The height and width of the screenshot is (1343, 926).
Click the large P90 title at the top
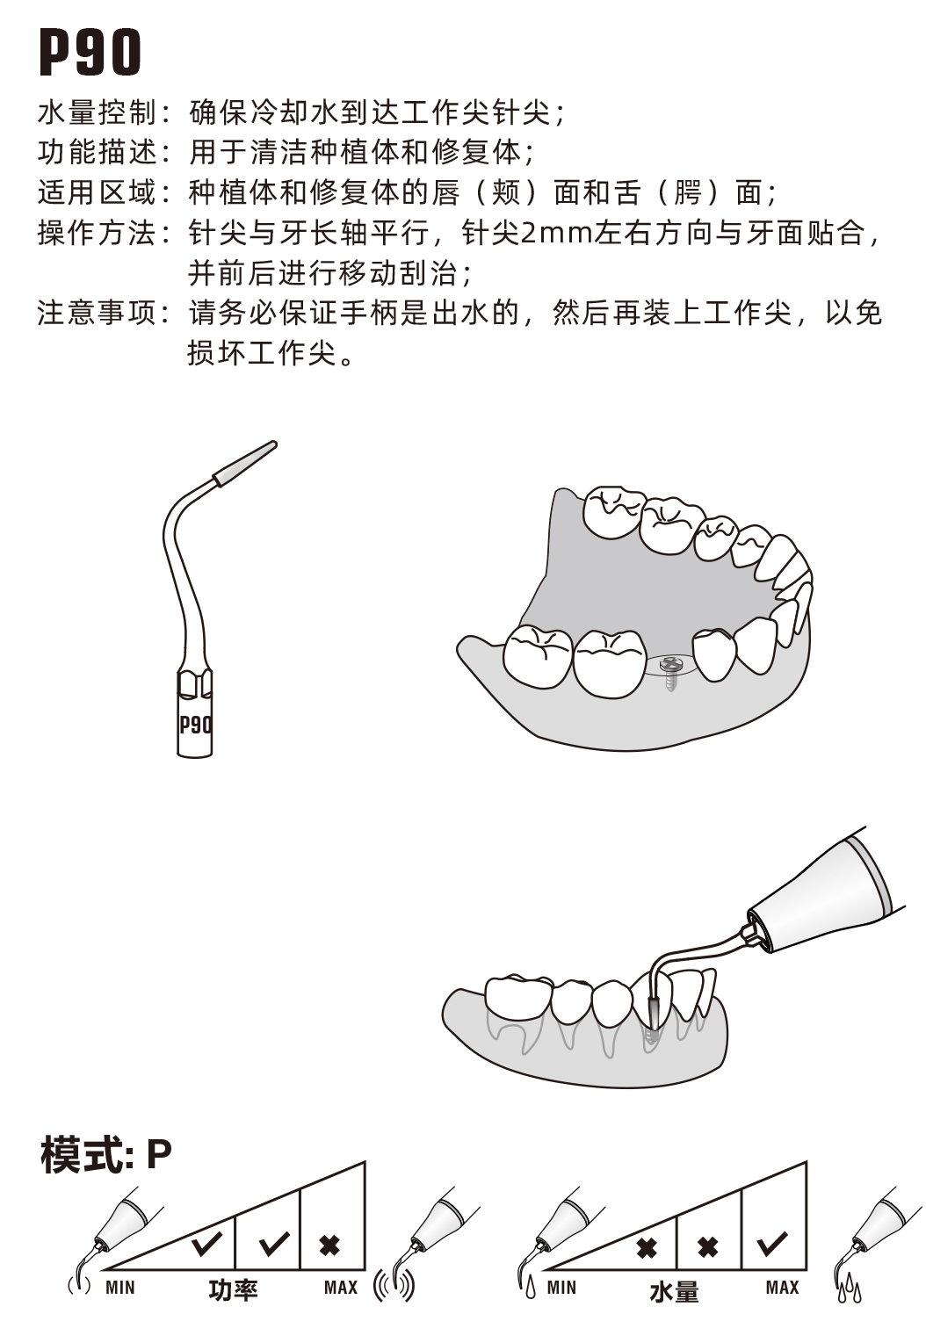(x=90, y=52)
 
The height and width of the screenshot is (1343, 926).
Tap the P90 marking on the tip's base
(x=195, y=725)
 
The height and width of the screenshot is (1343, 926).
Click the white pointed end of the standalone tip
(x=246, y=462)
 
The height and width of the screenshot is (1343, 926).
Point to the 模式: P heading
(x=105, y=1154)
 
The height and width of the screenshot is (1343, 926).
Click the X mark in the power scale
(x=330, y=1245)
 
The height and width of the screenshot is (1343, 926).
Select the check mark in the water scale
(x=773, y=1243)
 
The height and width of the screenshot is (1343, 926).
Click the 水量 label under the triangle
(x=674, y=1291)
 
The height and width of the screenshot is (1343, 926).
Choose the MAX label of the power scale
(x=341, y=1288)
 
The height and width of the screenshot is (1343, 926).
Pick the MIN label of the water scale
(x=561, y=1288)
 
